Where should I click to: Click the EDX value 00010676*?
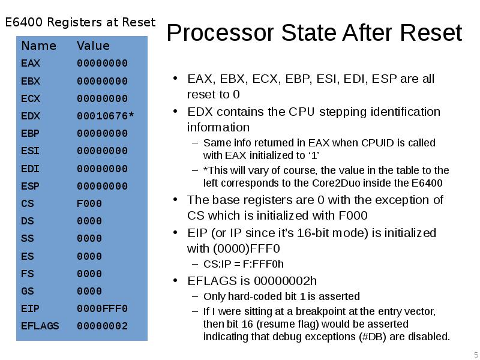click(x=105, y=116)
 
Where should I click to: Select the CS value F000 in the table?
click(x=89, y=203)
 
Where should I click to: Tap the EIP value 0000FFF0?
click(x=102, y=308)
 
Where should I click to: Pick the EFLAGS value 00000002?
click(x=102, y=326)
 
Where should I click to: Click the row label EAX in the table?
click(x=31, y=63)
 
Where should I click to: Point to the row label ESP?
click(x=31, y=186)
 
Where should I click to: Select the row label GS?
click(x=28, y=291)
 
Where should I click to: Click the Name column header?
click(x=38, y=46)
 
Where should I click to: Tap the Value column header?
click(x=93, y=46)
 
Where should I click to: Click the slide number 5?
click(x=476, y=353)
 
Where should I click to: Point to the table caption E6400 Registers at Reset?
click(x=80, y=23)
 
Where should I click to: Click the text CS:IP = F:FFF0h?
click(x=244, y=264)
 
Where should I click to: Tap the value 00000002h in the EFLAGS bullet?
click(x=286, y=281)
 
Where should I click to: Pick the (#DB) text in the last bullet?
click(x=374, y=336)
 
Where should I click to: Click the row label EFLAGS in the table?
click(x=40, y=326)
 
